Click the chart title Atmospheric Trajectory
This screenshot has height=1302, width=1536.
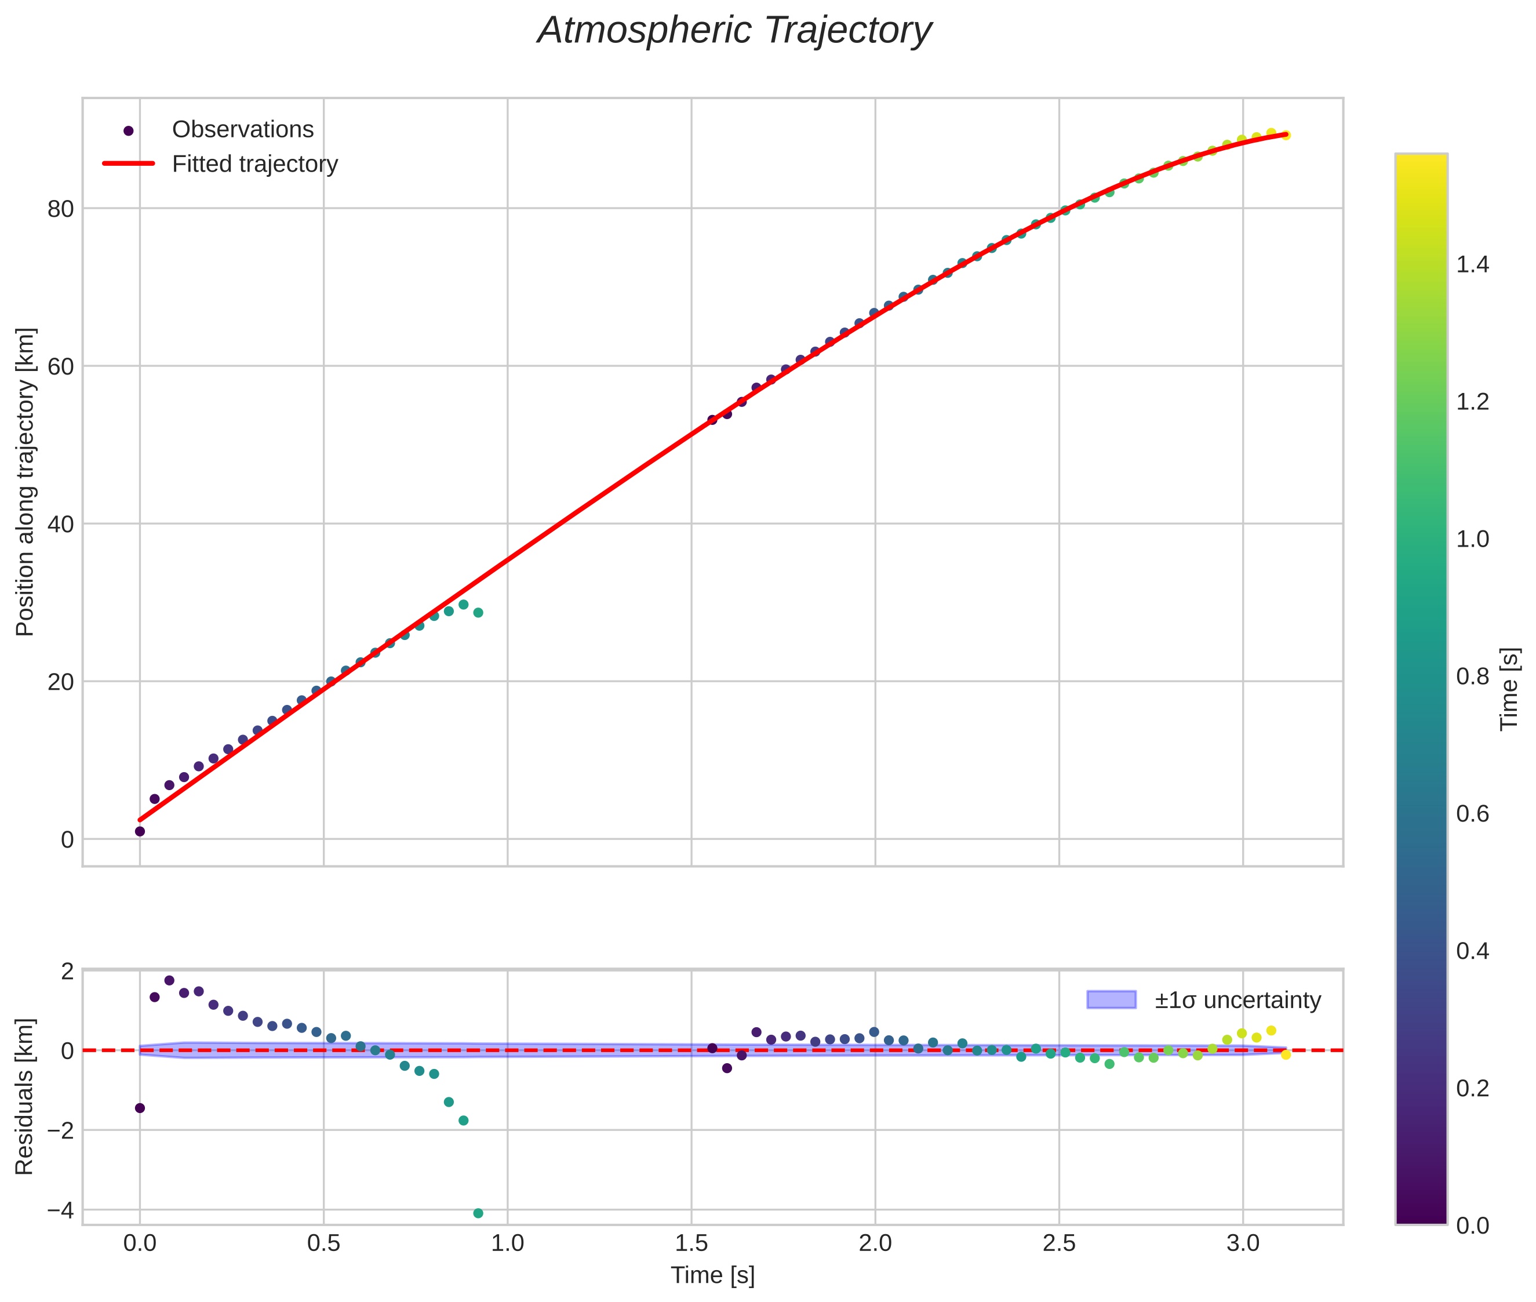(x=734, y=31)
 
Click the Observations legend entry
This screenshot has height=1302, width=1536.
(x=242, y=130)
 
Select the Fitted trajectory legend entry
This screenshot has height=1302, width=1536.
(x=254, y=164)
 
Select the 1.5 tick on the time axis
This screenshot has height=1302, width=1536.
(x=691, y=1243)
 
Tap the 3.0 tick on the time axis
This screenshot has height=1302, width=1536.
(x=1243, y=1243)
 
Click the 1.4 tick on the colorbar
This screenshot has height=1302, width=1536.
(x=1472, y=264)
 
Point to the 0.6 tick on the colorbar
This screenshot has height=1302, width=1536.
(x=1472, y=813)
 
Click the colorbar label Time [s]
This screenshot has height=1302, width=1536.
(x=1509, y=689)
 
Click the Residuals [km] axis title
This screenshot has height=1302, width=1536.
(x=25, y=1097)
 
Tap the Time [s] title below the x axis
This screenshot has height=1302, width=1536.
(x=712, y=1275)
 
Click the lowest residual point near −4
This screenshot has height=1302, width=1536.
(x=478, y=1213)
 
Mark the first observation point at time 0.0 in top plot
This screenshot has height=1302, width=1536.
(x=140, y=831)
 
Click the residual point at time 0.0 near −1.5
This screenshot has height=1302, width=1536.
(x=140, y=1108)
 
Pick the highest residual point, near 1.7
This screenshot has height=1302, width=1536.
(x=169, y=980)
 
